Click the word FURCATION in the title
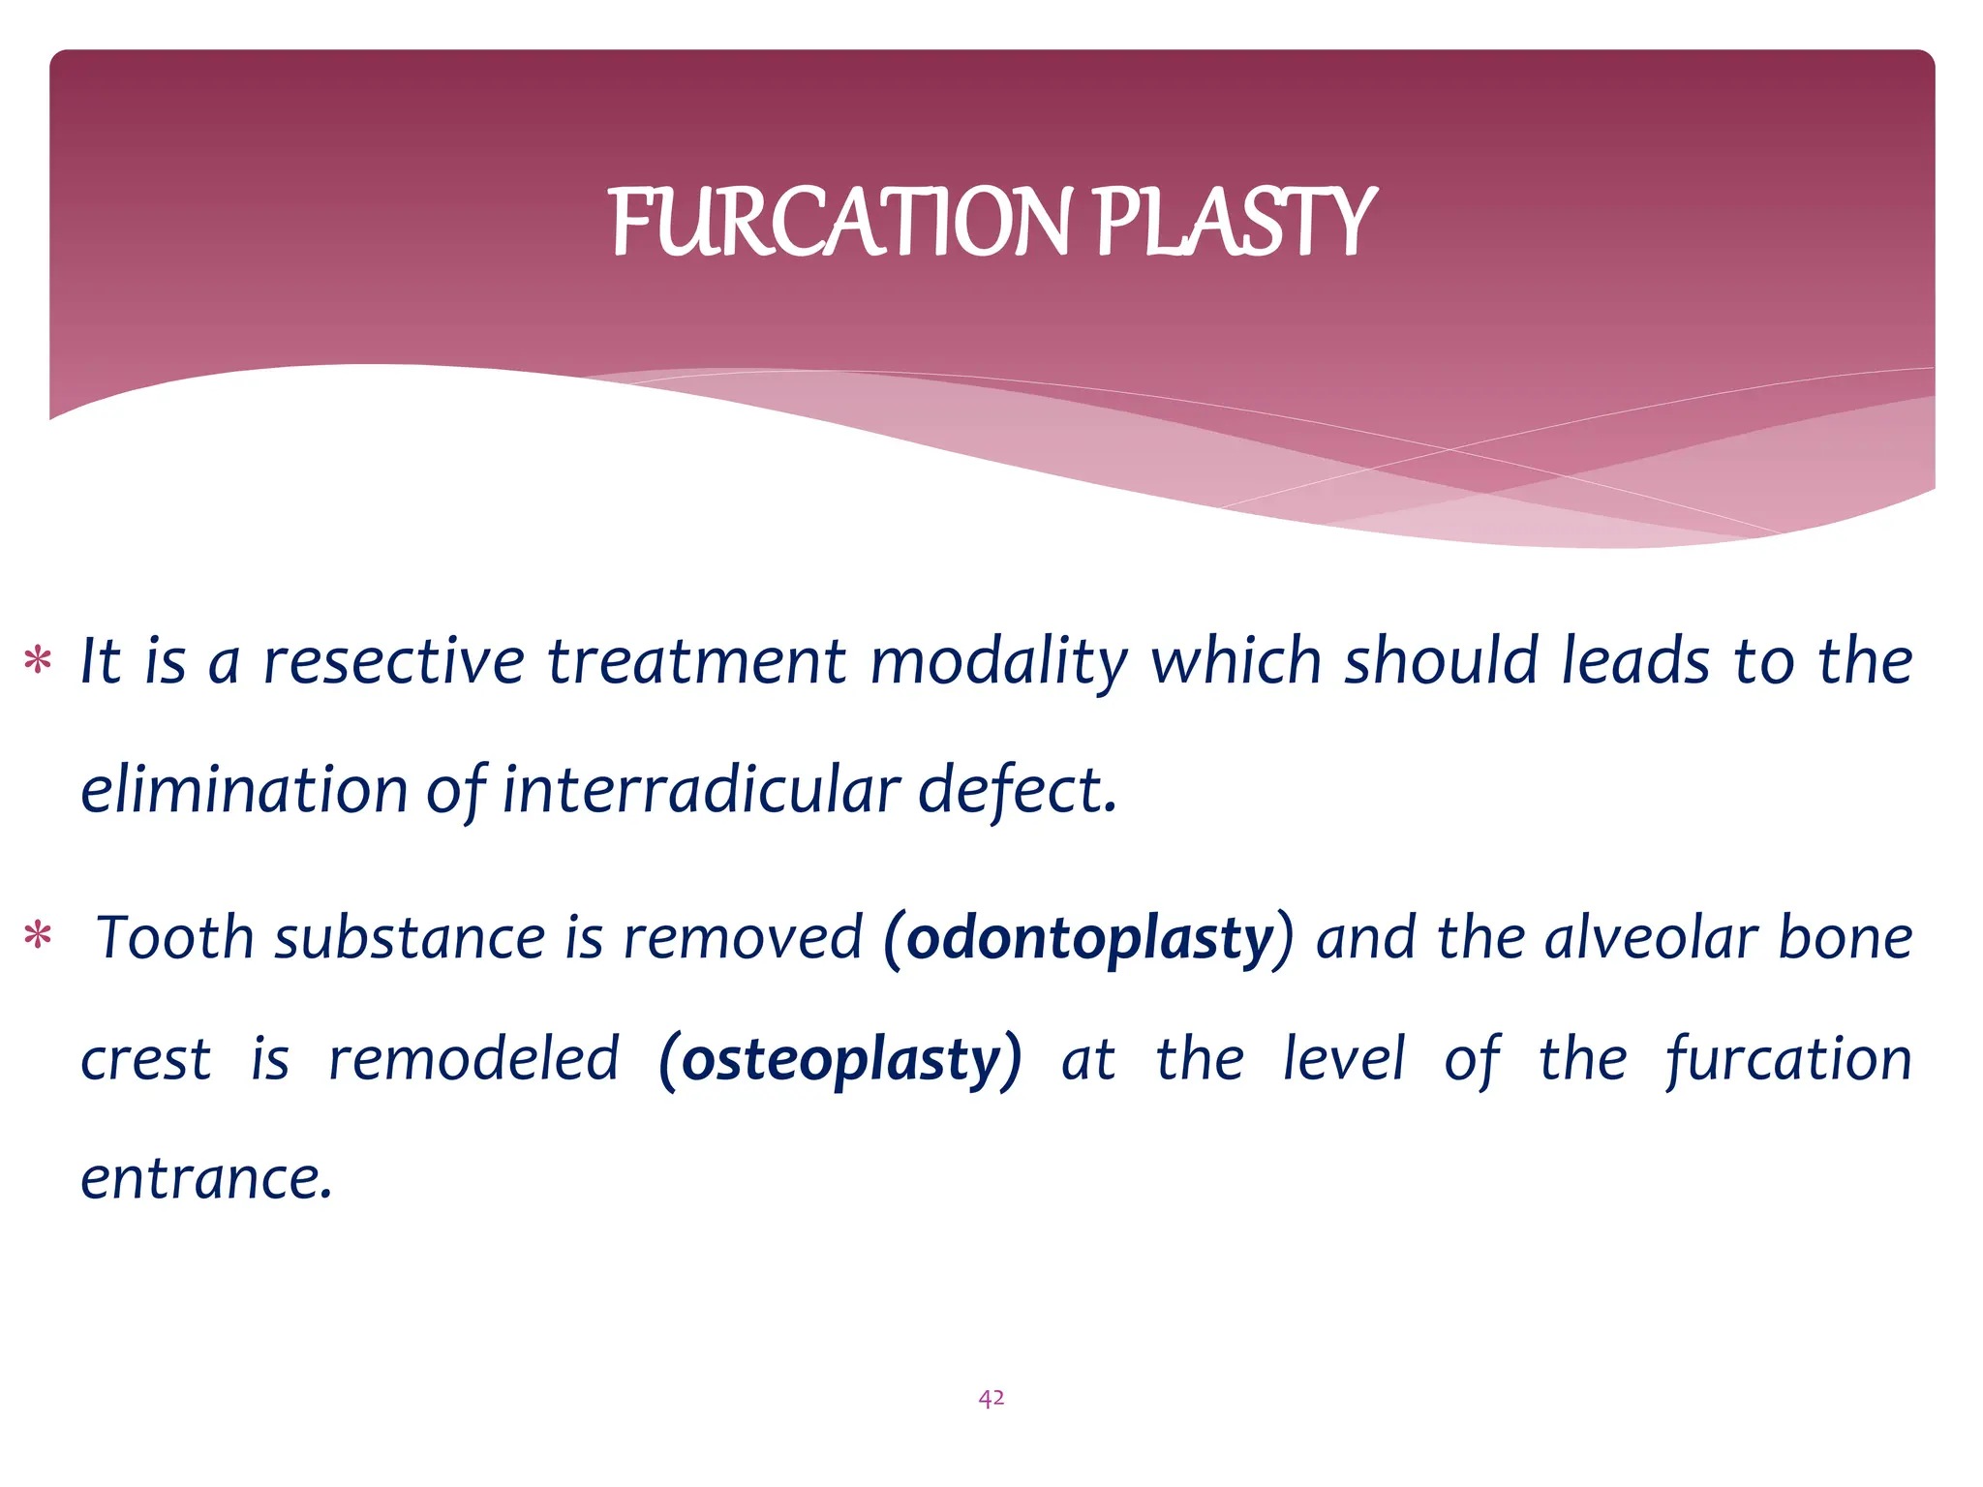[840, 223]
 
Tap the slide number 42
[991, 1398]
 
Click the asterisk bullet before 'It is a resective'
[38, 662]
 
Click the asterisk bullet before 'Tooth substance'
[38, 937]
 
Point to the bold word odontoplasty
[1090, 939]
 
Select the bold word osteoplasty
[840, 1059]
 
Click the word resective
[394, 662]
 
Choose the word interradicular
[701, 790]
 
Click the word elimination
[244, 790]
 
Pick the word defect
[1017, 790]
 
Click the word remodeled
[473, 1059]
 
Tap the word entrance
[206, 1179]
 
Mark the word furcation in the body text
[1789, 1059]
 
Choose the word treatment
[697, 662]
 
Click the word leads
[1635, 662]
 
